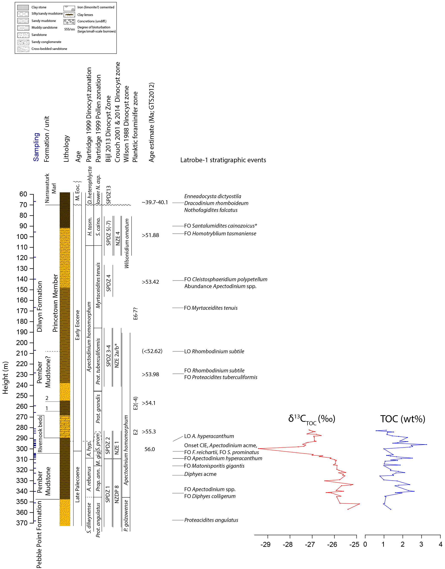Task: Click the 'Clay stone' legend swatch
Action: (x=23, y=7)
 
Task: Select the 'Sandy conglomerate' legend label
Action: (x=47, y=42)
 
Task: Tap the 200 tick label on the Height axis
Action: (x=22, y=343)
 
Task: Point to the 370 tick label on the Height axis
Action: (x=22, y=523)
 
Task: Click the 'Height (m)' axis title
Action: (x=5, y=378)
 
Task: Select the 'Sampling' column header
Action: (x=36, y=147)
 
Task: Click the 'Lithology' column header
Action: (x=67, y=148)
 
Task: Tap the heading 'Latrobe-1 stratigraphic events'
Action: (x=223, y=160)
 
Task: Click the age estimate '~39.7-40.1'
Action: (x=155, y=202)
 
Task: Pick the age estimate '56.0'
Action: (x=150, y=449)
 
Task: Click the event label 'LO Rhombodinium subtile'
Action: (x=214, y=351)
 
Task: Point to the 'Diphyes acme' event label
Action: (x=200, y=474)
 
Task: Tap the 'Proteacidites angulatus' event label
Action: (x=211, y=520)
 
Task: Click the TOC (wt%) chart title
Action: (x=403, y=419)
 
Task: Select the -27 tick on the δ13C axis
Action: (x=310, y=545)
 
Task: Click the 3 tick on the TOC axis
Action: (x=421, y=544)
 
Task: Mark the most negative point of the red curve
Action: (x=258, y=448)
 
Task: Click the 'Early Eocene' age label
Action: (x=78, y=325)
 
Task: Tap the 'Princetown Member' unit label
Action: (x=55, y=303)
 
